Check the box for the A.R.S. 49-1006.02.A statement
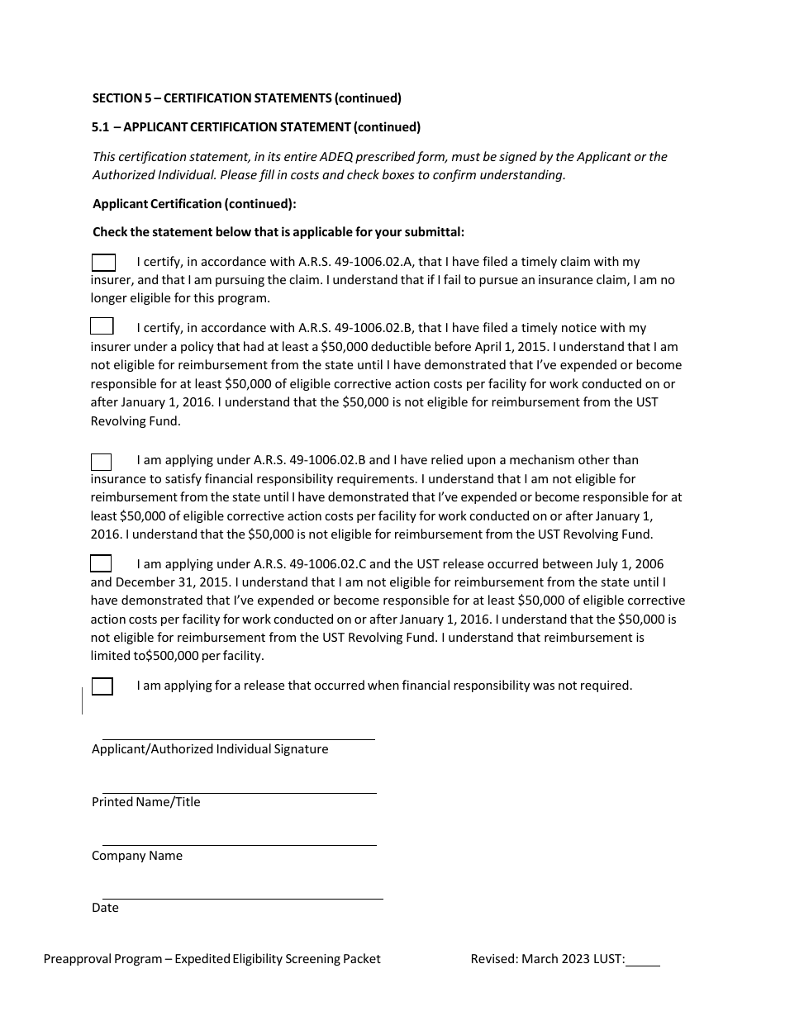103,263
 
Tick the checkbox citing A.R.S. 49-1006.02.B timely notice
102,326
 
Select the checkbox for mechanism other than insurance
101,462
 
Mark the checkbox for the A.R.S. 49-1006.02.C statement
101,564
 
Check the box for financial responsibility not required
102,686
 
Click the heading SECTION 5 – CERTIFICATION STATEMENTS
246,98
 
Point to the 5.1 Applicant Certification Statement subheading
256,127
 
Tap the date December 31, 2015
145,582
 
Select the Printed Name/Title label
145,802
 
